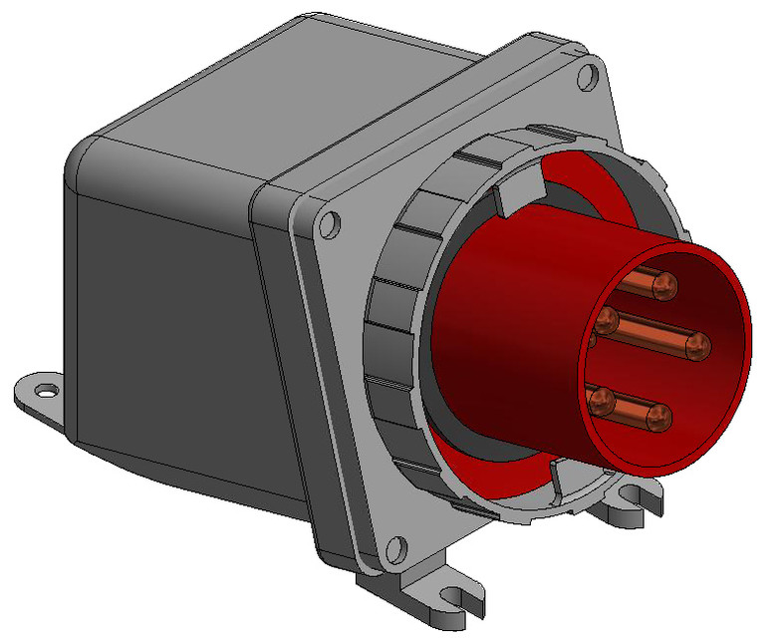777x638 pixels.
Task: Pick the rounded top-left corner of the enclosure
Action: (x=85, y=159)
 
